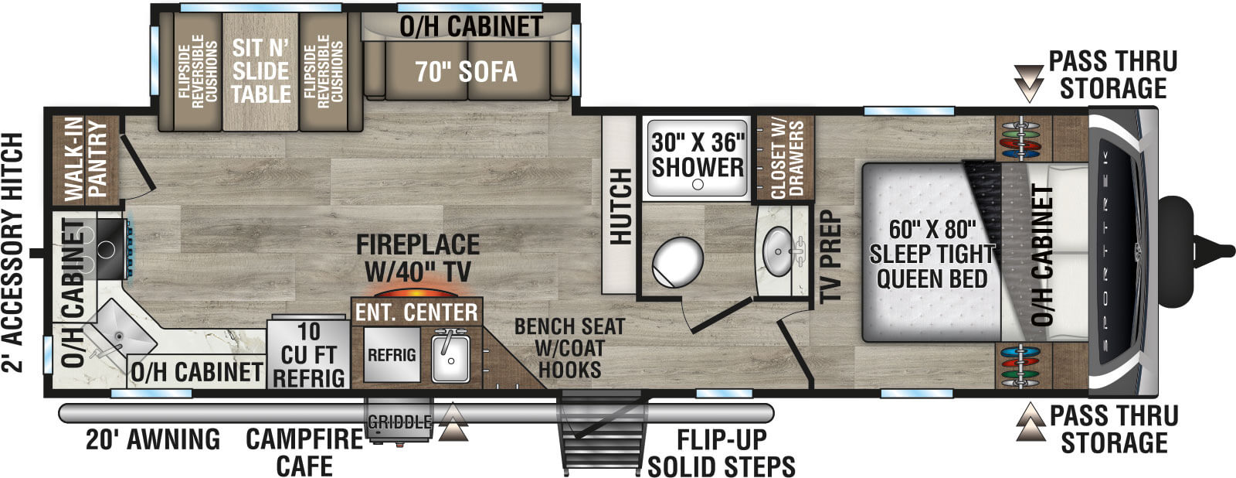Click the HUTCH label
[620, 206]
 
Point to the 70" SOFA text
[467, 71]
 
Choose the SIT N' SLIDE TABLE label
[260, 70]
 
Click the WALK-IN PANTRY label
[86, 159]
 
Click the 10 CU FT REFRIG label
[309, 355]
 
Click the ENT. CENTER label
[416, 312]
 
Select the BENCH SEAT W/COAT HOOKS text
[569, 348]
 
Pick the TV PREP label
[830, 257]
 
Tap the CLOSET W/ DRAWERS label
[787, 159]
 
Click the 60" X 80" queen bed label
[932, 254]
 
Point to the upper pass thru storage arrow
[1028, 84]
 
